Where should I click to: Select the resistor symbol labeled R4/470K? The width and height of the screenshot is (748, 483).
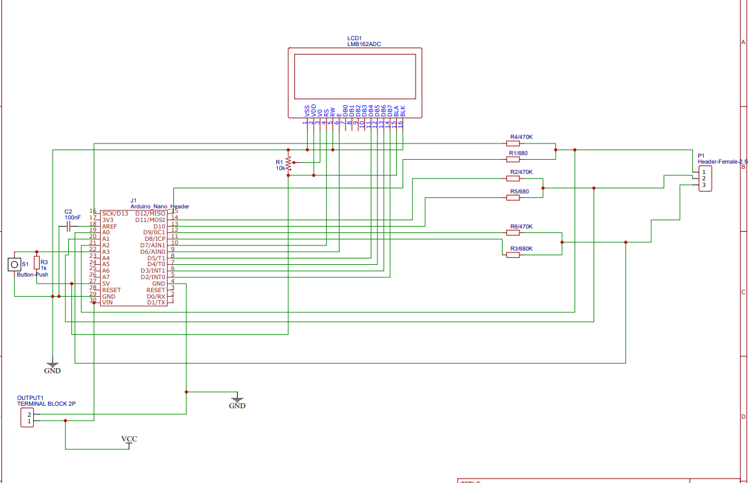(513, 143)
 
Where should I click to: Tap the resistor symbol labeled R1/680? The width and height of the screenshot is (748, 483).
(513, 159)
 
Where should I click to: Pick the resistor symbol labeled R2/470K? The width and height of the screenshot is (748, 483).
(513, 178)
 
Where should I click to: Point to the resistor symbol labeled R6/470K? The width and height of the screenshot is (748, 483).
(513, 232)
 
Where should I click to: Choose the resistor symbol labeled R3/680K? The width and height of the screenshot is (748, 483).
(513, 255)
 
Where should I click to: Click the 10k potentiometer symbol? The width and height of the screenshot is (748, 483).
(288, 164)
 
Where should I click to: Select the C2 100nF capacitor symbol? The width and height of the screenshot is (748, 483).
(68, 227)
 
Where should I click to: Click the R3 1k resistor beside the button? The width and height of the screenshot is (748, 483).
(37, 263)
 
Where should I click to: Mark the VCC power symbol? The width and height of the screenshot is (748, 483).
(129, 440)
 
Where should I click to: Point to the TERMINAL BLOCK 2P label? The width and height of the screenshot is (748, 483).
(46, 404)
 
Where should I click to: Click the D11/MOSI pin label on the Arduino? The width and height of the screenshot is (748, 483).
(150, 219)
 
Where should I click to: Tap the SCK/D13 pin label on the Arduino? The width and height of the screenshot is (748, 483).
(115, 214)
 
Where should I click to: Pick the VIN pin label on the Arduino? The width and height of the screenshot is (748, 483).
(107, 303)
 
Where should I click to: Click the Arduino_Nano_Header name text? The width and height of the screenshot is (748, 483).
(160, 206)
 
